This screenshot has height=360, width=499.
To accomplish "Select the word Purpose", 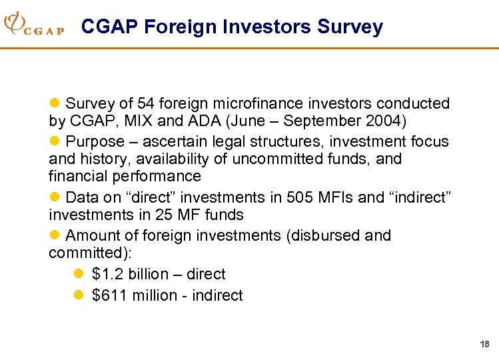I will click(x=95, y=142).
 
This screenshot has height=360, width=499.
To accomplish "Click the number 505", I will click(x=299, y=198).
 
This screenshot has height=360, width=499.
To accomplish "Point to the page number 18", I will click(x=484, y=344).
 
